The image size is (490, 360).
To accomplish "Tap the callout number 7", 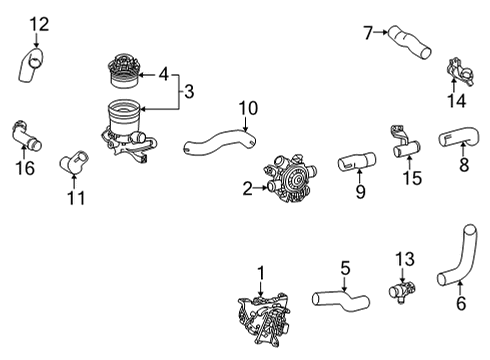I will coord(368,33).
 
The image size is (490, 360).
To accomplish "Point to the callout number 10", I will coord(247,107).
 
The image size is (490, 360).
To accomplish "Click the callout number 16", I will coord(26,168).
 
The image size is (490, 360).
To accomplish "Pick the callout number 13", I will coord(403,260).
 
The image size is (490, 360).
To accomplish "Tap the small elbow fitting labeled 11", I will coord(73,159).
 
